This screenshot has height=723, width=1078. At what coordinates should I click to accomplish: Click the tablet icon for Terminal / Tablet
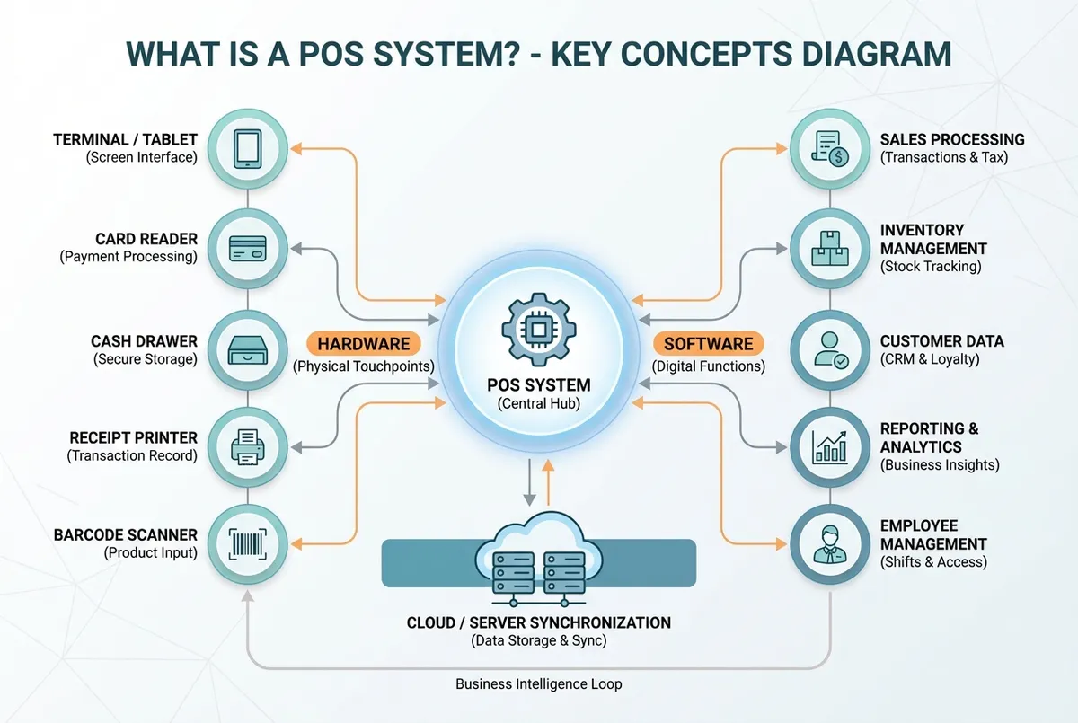coord(247,148)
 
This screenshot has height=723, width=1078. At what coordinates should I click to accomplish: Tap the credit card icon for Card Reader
coord(247,247)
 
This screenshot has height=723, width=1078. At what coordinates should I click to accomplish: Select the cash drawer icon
coord(247,347)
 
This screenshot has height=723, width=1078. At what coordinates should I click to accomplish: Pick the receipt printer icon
coord(247,446)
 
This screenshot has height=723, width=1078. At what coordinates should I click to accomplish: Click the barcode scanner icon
coord(247,544)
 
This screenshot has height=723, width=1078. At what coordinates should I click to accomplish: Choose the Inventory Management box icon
coord(828,247)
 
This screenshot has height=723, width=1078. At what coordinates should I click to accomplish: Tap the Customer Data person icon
coord(828,348)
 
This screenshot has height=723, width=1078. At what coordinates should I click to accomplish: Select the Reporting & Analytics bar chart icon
coord(828,446)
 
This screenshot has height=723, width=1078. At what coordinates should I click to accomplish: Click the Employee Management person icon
coord(828,544)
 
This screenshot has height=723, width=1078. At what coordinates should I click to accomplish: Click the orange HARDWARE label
coord(363,343)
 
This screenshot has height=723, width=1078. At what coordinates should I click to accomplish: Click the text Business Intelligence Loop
coord(538,683)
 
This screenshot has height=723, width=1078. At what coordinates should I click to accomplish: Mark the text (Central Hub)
coord(539,404)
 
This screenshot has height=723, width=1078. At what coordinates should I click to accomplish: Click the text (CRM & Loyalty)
coord(929,359)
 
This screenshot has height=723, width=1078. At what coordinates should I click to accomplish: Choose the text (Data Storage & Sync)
coord(538,640)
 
